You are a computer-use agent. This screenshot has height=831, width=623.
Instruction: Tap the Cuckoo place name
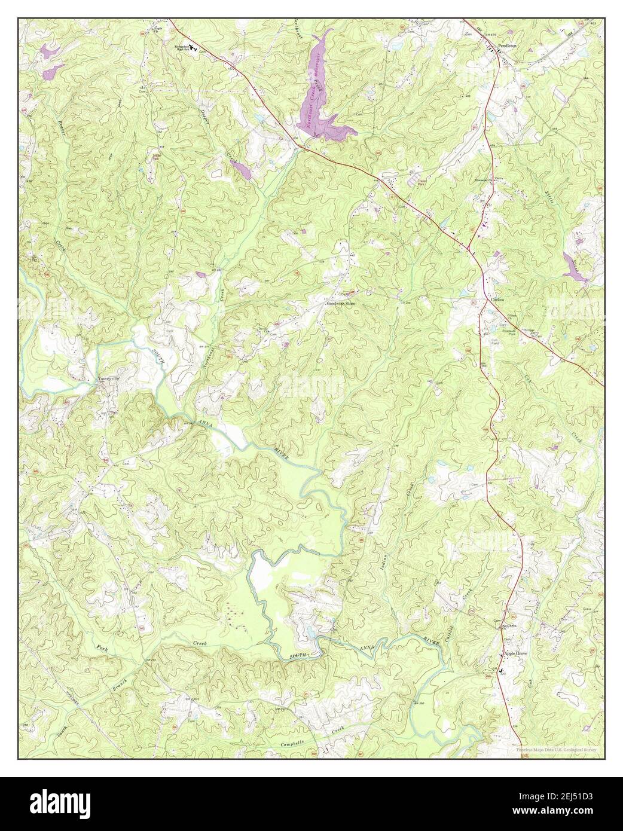[499, 301]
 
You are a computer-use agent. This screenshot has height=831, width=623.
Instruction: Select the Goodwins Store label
[341, 303]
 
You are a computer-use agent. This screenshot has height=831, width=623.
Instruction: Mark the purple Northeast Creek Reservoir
[317, 96]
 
